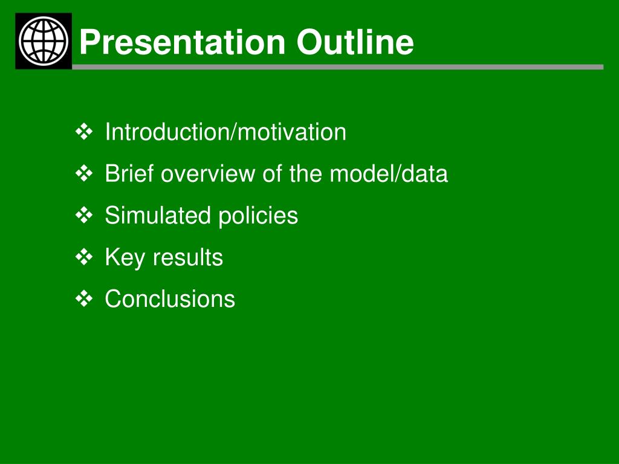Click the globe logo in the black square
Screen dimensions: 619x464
coord(44,41)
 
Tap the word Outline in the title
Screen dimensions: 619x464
coord(355,42)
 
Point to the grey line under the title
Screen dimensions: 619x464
coord(337,67)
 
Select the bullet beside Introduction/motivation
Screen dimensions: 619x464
coord(83,132)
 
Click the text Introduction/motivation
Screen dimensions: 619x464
coord(225,132)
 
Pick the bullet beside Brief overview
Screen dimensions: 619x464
coord(83,173)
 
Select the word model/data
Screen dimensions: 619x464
coord(389,173)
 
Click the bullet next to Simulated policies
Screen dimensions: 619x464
coord(83,216)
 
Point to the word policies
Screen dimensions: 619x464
coord(258,216)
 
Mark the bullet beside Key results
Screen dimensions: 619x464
coord(83,257)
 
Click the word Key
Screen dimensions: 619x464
coord(125,258)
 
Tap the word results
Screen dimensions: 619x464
coord(188,257)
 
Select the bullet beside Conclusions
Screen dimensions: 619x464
coord(83,298)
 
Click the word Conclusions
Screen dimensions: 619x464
coord(170,298)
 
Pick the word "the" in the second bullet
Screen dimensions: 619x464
coord(305,173)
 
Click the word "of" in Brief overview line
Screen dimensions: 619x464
coord(272,173)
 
